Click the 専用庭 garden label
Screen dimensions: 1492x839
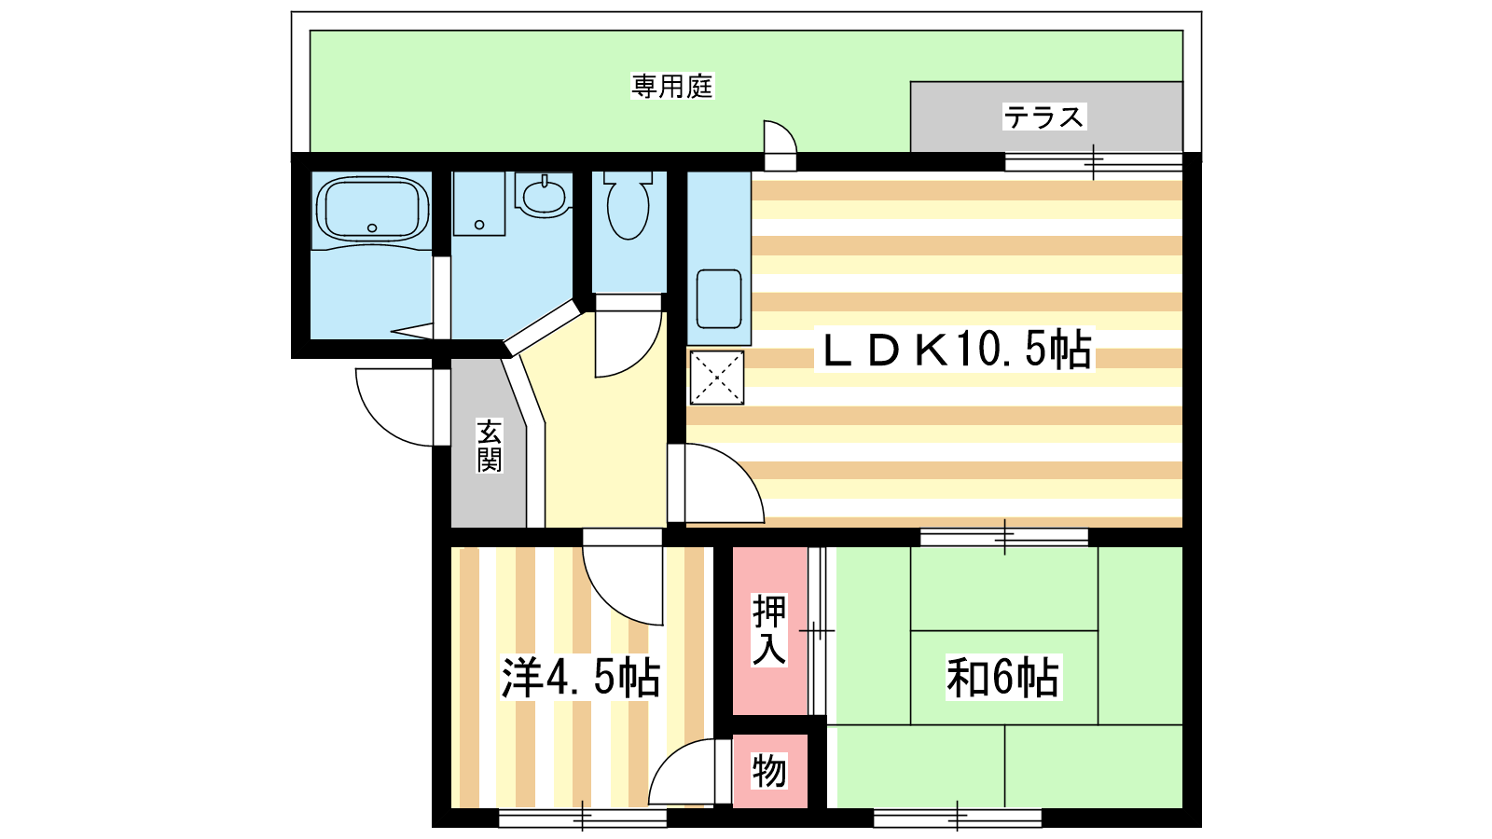(672, 87)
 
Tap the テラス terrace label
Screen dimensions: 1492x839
(1043, 117)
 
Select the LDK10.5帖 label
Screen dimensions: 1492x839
(955, 349)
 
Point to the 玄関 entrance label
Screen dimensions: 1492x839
(489, 446)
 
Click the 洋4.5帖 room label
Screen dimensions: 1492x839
(580, 679)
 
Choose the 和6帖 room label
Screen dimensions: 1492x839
(1003, 677)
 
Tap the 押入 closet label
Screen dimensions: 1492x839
(769, 630)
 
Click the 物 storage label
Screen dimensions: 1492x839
(769, 771)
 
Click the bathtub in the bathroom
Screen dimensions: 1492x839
(372, 209)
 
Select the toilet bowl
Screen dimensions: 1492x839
(629, 205)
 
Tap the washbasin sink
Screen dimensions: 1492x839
(545, 196)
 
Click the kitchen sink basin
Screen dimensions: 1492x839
(719, 299)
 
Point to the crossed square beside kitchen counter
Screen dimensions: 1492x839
(717, 378)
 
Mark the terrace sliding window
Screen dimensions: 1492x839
(1093, 162)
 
